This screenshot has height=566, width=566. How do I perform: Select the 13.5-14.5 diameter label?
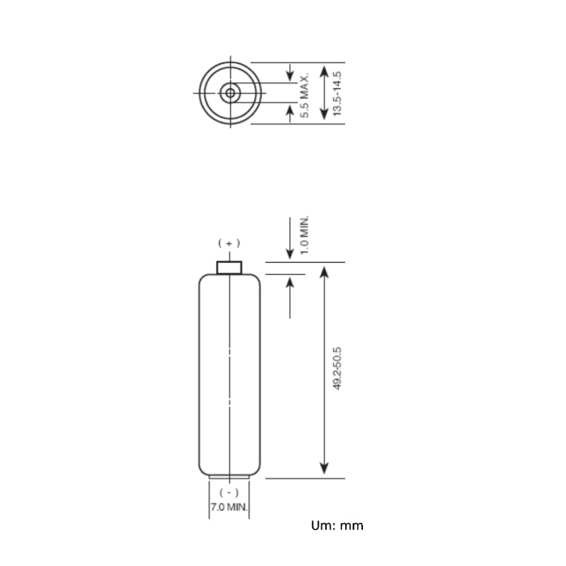[x=337, y=94]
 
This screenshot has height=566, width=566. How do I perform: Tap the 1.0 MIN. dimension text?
[x=305, y=235]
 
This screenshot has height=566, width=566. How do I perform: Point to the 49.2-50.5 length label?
[x=337, y=369]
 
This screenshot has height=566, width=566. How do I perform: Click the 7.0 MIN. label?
[x=229, y=507]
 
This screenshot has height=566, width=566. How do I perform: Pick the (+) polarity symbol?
[x=229, y=243]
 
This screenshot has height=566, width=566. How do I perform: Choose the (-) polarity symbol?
[x=229, y=492]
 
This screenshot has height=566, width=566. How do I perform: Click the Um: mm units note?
[x=337, y=526]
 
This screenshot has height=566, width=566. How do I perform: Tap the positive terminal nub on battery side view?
[x=229, y=268]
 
